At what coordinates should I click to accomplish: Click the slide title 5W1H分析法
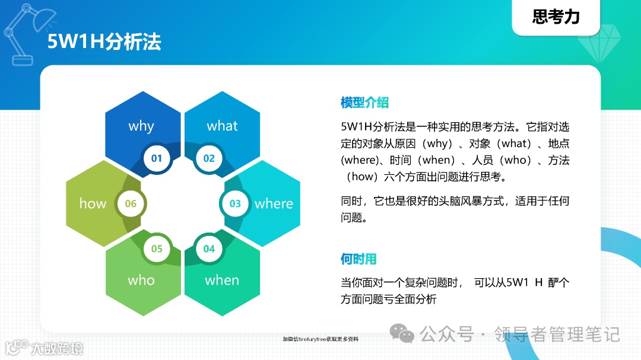104,42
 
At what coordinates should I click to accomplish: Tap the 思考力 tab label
556,17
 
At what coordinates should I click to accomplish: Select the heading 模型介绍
364,103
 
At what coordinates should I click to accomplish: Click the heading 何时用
358,259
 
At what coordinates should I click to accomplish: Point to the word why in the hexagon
141,126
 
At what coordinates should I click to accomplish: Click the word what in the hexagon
222,126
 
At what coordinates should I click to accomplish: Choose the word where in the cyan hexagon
274,203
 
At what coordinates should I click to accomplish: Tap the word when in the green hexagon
222,281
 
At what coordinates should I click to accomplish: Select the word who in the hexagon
141,281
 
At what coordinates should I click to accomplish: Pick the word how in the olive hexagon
93,203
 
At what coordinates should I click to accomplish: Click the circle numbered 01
157,158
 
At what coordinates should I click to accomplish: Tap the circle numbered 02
209,158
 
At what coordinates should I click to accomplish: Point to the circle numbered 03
236,203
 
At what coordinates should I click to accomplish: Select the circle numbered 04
209,249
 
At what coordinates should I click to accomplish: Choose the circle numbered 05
157,249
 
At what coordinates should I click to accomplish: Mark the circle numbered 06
131,203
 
